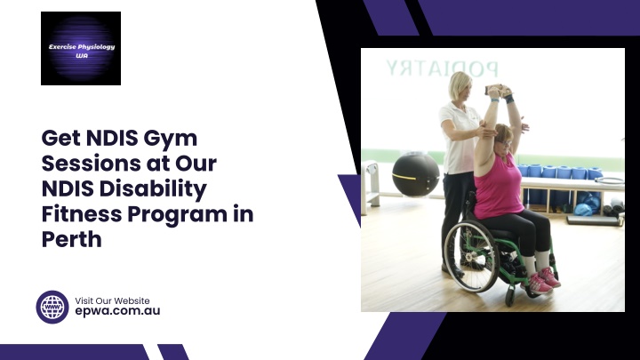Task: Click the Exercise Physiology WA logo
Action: (81, 48)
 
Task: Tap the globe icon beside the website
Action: (52, 307)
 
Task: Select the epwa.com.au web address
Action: (117, 311)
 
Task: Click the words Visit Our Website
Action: (112, 300)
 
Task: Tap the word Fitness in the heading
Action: (82, 213)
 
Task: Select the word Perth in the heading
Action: (71, 239)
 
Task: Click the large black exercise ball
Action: (415, 175)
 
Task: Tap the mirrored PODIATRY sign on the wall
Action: (442, 68)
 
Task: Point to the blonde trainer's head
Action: (460, 86)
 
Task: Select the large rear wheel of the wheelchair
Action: (471, 256)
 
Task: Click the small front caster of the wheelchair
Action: (510, 297)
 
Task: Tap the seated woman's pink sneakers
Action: (543, 281)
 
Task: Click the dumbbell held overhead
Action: (496, 89)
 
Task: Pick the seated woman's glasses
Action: (505, 142)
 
